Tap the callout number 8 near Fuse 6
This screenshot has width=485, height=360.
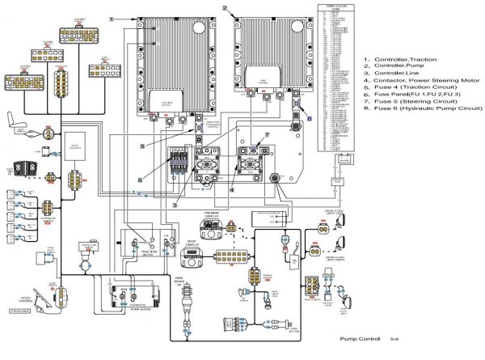click(x=307, y=117)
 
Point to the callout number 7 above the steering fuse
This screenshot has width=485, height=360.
click(x=265, y=134)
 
